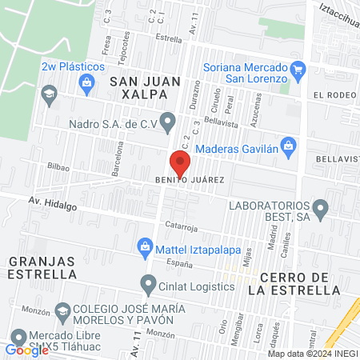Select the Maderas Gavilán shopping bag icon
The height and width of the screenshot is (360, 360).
[x=290, y=146]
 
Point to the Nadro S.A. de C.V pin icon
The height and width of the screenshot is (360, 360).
[x=167, y=122]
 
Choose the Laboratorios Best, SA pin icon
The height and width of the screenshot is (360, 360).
[x=321, y=210]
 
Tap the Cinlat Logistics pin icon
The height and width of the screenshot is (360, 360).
[x=148, y=284]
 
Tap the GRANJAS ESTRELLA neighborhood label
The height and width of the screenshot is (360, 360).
[x=42, y=269]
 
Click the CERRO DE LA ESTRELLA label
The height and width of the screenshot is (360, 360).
[x=295, y=283]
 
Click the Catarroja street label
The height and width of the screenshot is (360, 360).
[x=182, y=226]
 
